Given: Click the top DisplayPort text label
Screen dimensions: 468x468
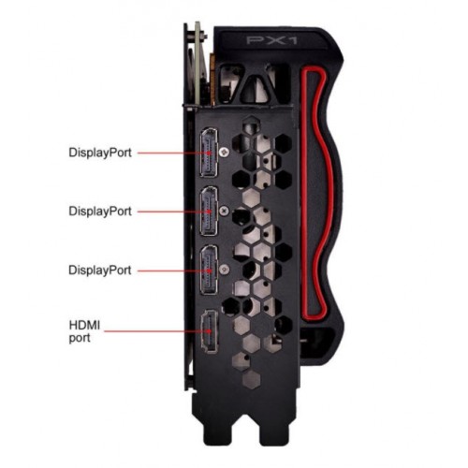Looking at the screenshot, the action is (100, 153).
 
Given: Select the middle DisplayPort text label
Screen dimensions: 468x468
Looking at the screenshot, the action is (100, 212).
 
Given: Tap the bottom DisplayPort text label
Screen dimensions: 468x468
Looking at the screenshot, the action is (100, 270).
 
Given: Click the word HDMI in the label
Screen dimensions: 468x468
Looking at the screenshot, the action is (84, 326).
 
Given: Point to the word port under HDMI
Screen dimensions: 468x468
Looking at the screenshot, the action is (80, 338).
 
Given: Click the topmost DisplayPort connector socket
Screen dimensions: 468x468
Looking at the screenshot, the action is (209, 153).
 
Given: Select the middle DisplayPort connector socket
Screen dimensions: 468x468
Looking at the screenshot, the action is (209, 211).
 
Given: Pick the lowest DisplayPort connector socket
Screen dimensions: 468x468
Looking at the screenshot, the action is (209, 270).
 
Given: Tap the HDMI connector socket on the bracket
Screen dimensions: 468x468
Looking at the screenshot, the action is (210, 331).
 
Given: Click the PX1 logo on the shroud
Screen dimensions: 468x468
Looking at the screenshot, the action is (271, 40).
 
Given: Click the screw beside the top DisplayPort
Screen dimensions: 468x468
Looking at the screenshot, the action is (224, 153).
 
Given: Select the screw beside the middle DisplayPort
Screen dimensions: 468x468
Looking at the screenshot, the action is (224, 211).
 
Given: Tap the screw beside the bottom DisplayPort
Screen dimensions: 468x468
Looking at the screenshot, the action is (224, 270).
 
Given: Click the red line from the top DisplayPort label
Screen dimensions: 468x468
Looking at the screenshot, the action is (174, 153).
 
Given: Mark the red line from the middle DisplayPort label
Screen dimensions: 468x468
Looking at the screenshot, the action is (174, 212).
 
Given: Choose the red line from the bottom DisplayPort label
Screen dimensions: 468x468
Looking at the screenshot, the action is (174, 271).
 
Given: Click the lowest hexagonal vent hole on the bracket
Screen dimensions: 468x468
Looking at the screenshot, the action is (252, 379).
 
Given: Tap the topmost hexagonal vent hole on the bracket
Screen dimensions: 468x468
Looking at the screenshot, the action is (252, 124).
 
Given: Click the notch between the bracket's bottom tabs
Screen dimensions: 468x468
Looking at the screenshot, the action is (245, 433).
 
